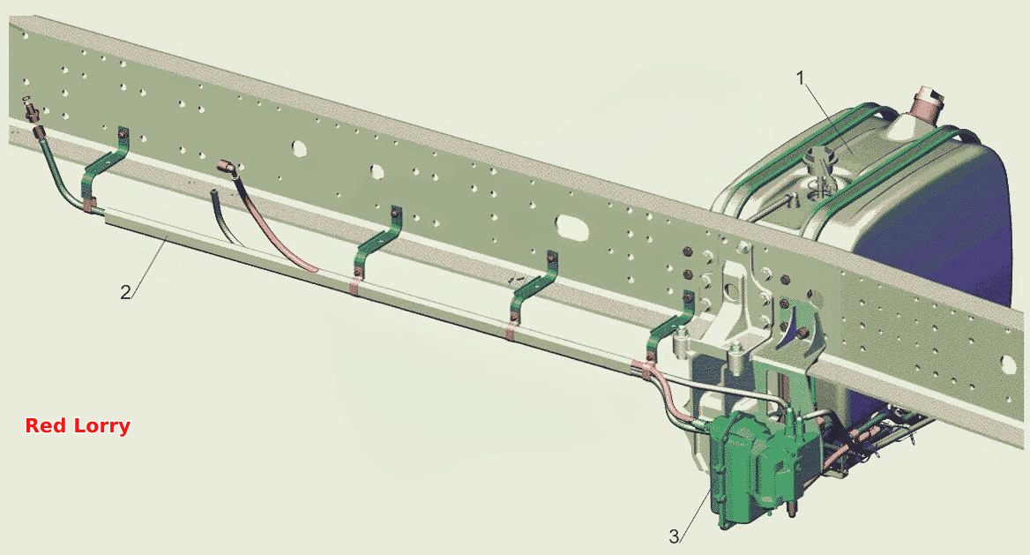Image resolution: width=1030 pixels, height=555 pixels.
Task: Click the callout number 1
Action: coord(800,79)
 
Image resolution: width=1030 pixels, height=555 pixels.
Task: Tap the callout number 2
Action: coord(125,292)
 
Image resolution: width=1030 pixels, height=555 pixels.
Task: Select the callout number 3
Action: coord(674,536)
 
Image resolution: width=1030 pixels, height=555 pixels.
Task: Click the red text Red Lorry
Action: coord(78,425)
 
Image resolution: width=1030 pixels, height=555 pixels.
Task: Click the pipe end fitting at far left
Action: coord(31,112)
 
